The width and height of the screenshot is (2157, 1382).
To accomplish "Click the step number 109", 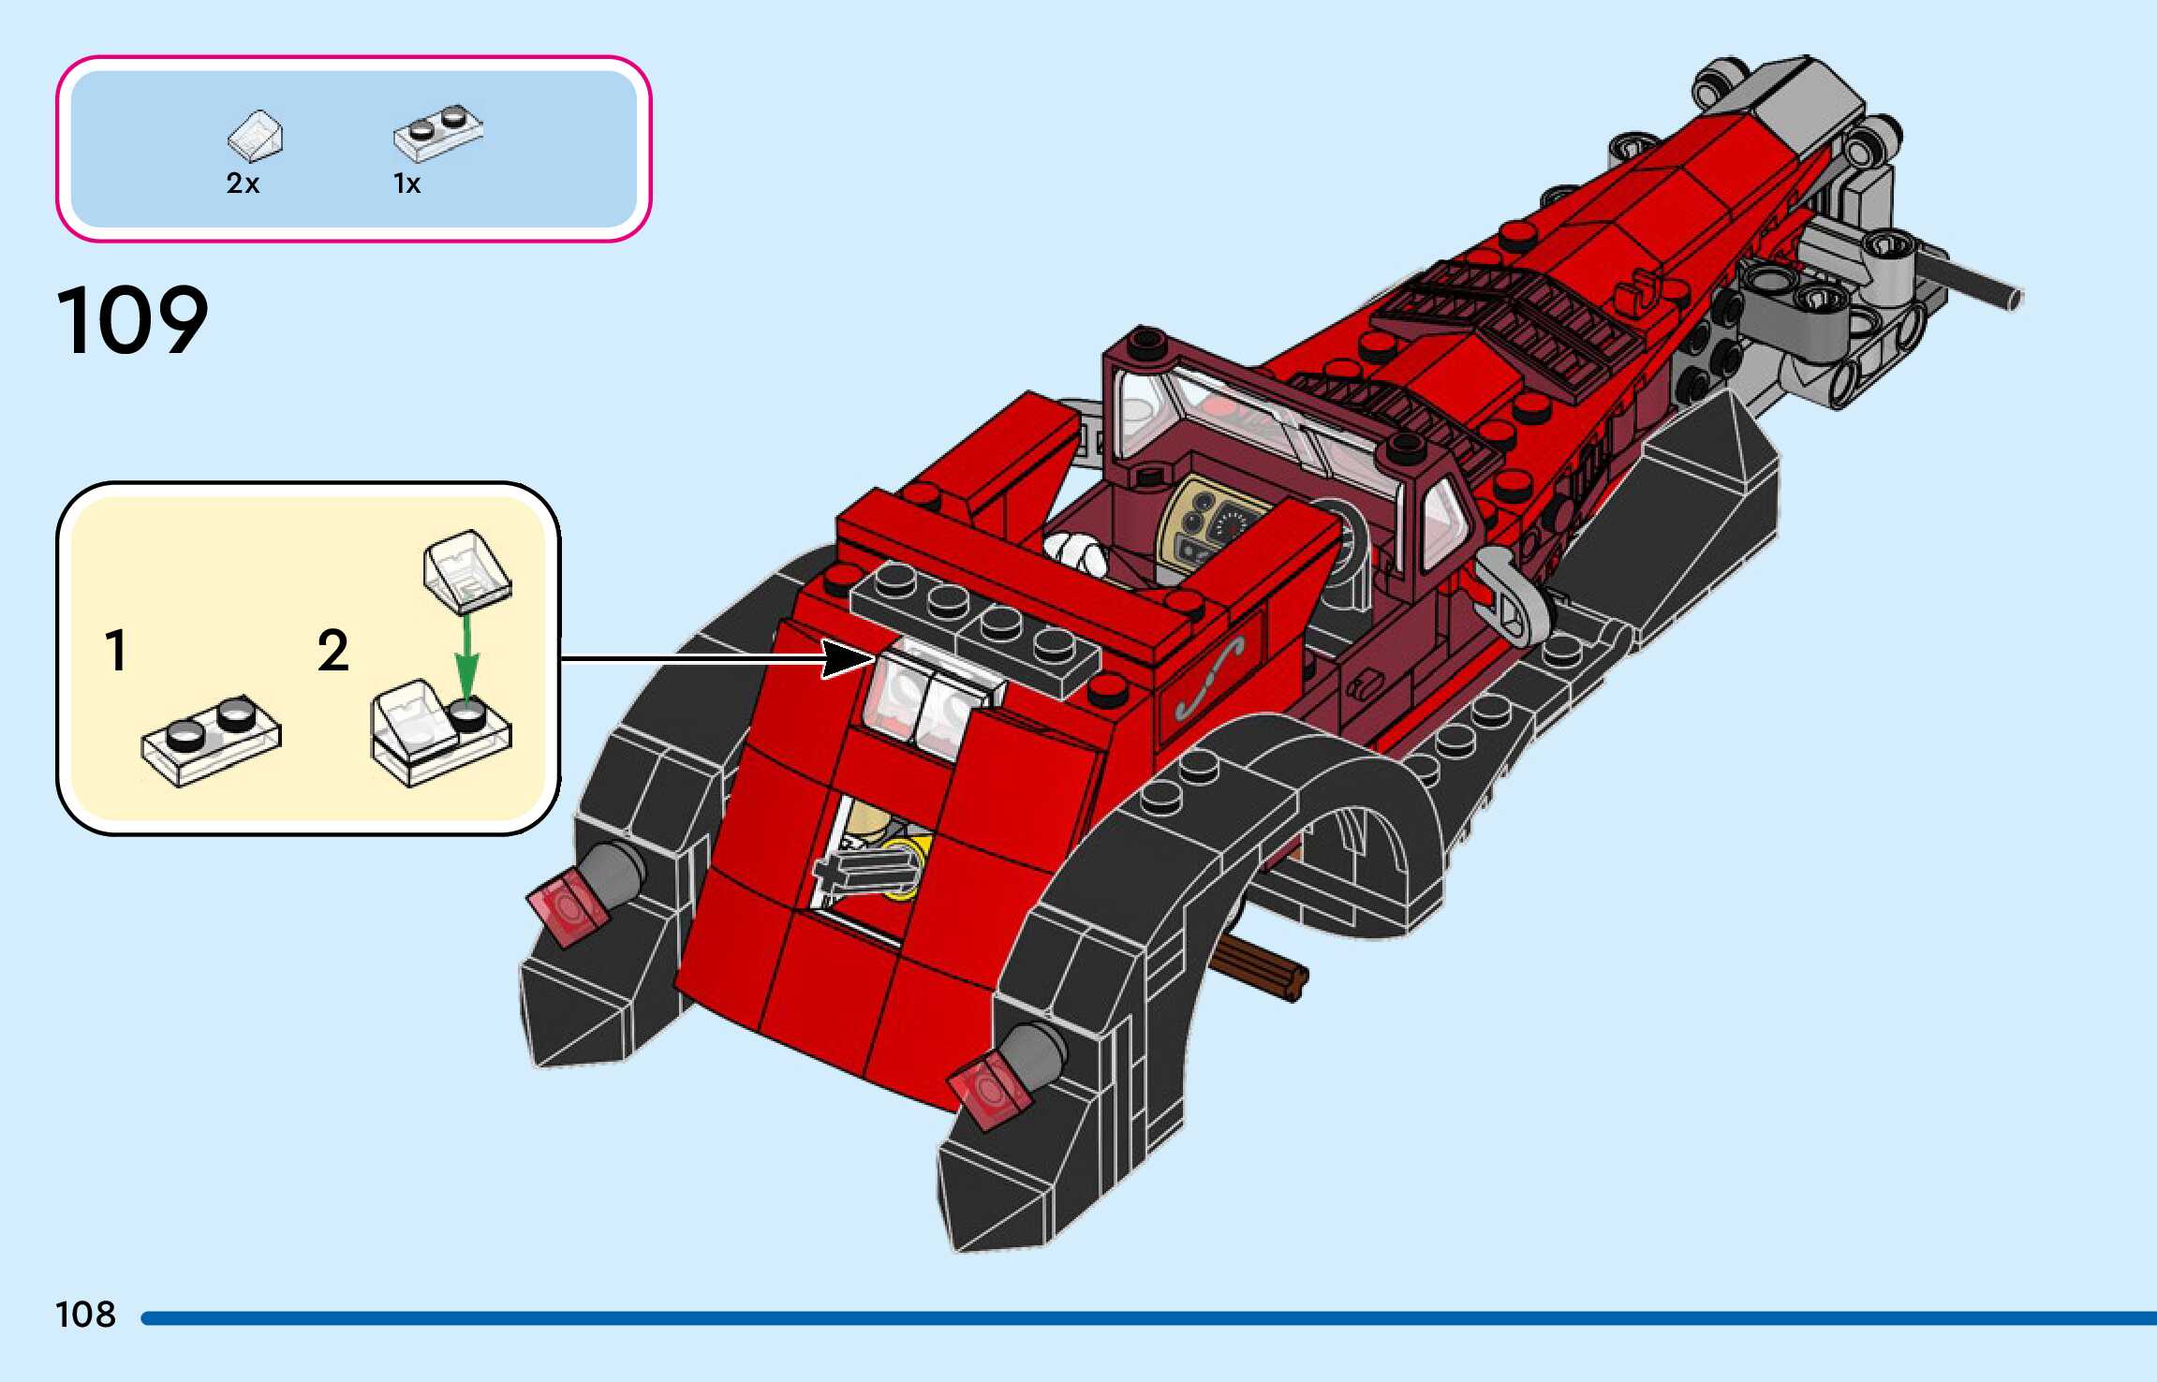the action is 133,321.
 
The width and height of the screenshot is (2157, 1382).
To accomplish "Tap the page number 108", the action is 86,1315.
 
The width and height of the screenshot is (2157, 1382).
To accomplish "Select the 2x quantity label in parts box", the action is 243,184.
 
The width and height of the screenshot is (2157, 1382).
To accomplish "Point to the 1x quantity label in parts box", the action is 406,184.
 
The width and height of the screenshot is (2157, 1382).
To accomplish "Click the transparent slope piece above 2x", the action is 256,136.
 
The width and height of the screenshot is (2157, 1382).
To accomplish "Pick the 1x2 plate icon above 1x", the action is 438,132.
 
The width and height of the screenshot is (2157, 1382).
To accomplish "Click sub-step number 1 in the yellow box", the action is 116,651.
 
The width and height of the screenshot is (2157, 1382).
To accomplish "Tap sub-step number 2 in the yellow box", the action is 333,651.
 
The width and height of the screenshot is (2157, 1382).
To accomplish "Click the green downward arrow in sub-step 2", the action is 466,655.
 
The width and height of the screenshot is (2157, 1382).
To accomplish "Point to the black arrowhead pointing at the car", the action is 848,658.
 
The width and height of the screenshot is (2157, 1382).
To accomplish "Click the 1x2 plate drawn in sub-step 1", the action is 212,740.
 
